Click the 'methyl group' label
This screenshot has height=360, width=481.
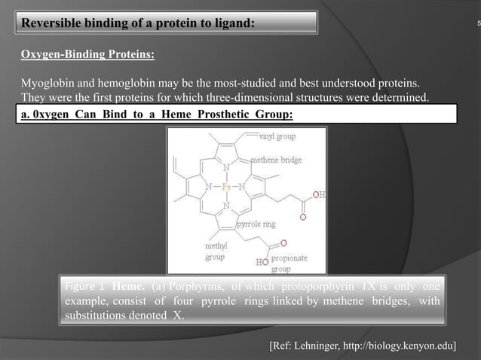point(216,251)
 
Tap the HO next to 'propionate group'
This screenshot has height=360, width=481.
point(262,262)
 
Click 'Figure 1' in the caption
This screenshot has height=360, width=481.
point(85,287)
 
